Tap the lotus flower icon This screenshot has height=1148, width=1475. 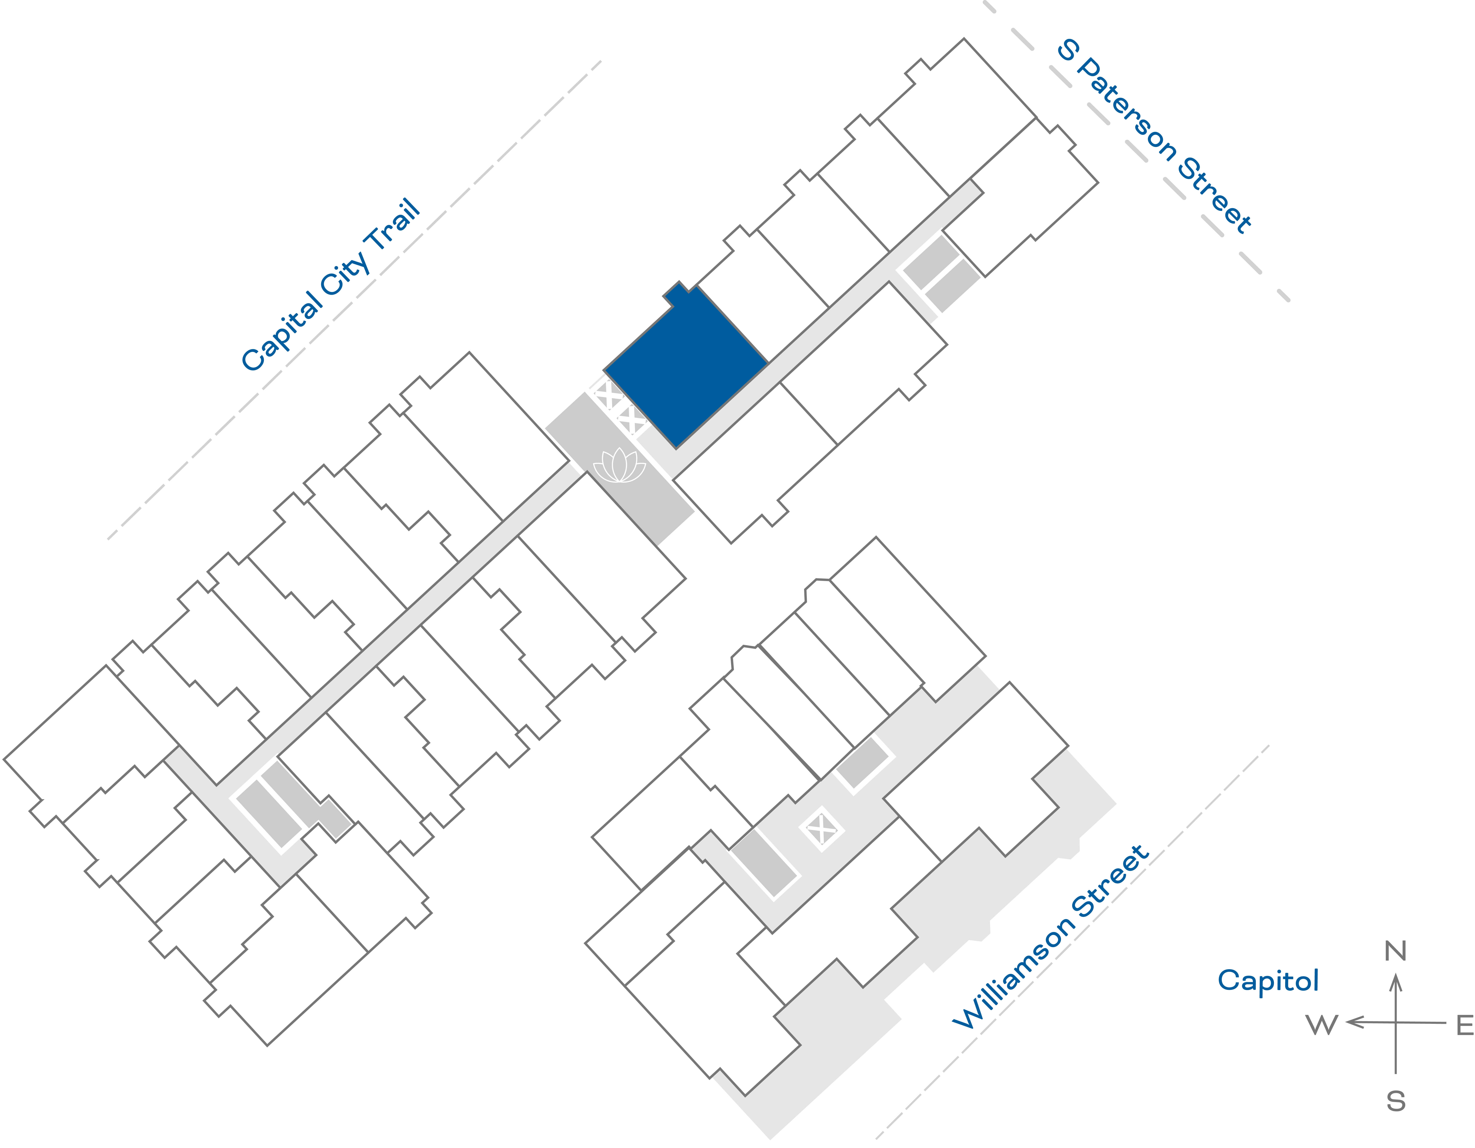tap(619, 466)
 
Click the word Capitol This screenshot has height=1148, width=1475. tap(1268, 980)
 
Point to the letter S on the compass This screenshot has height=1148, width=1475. tap(1395, 1102)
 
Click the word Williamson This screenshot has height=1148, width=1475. tap(1013, 973)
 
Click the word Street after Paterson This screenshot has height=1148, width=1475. tap(1216, 196)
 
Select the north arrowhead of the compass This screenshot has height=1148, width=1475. tap(1395, 982)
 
